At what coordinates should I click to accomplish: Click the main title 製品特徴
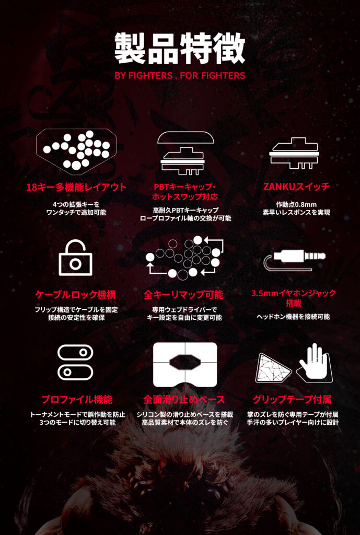[x=180, y=49]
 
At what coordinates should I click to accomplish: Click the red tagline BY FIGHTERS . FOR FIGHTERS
[x=180, y=75]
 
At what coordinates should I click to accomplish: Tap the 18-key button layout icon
[x=76, y=149]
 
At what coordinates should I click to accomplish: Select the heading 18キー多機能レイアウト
[x=76, y=188]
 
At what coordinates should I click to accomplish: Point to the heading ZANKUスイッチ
[x=297, y=187]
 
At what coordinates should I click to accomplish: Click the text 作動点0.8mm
[x=296, y=204]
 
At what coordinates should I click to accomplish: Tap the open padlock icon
[x=75, y=258]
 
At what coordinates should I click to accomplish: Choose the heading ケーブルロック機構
[x=76, y=295]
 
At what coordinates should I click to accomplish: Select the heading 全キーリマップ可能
[x=183, y=295]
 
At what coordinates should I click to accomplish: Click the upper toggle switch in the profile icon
[x=75, y=353]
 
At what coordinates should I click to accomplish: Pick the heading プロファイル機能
[x=76, y=399]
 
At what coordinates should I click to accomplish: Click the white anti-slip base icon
[x=185, y=364]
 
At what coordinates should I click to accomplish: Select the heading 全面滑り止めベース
[x=184, y=399]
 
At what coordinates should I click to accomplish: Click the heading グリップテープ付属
[x=292, y=399]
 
